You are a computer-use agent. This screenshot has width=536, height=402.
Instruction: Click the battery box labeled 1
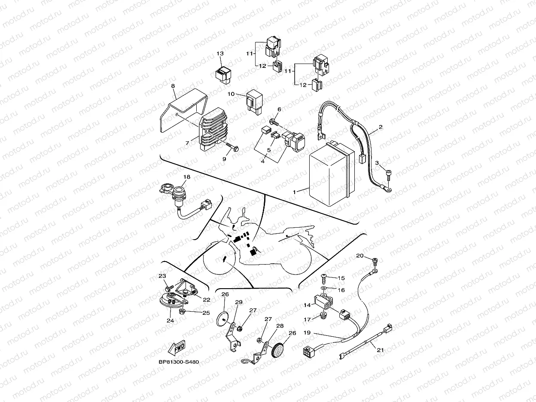(x=332, y=174)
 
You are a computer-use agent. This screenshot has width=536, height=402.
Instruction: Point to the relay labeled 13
(x=223, y=75)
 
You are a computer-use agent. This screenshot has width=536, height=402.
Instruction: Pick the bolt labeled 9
(x=232, y=147)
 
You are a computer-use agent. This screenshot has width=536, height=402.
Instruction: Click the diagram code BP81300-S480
(x=179, y=362)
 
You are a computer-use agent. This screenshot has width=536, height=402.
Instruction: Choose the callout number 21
(x=380, y=350)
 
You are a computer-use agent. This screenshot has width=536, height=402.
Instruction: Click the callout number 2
(x=381, y=127)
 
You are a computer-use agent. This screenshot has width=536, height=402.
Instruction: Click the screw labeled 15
(x=324, y=278)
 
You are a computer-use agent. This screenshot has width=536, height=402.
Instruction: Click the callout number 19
(x=307, y=332)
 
